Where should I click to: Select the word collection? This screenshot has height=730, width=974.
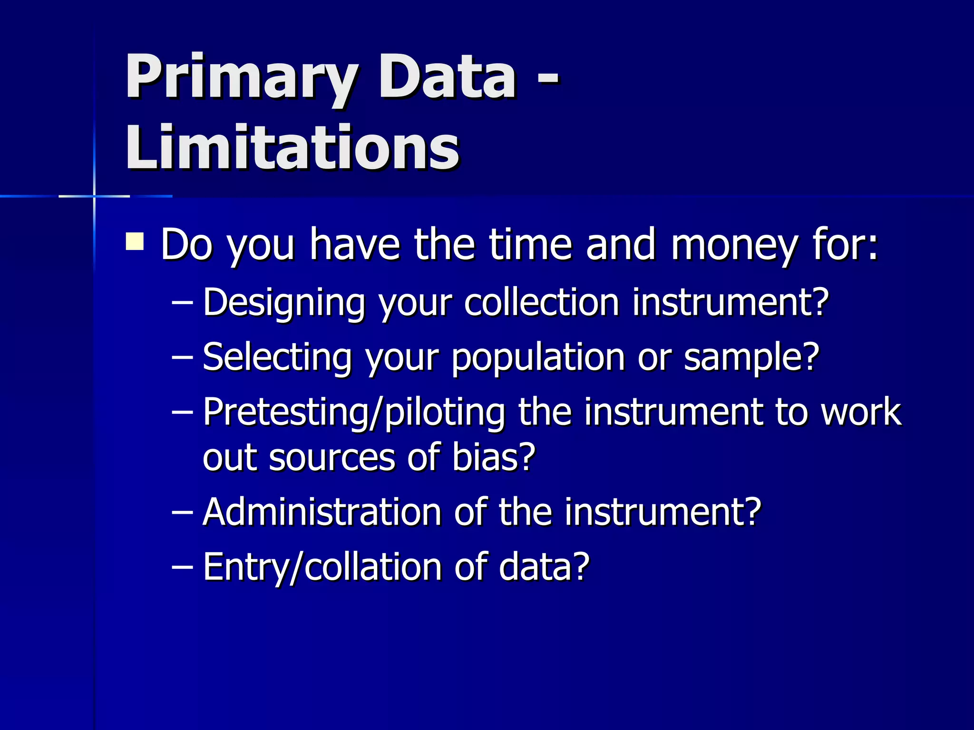(x=541, y=302)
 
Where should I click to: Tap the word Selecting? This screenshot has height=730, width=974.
(x=277, y=358)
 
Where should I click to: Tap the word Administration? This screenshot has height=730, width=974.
(x=322, y=512)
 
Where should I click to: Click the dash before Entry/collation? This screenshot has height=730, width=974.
(x=182, y=567)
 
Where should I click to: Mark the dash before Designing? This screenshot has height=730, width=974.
(x=182, y=303)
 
